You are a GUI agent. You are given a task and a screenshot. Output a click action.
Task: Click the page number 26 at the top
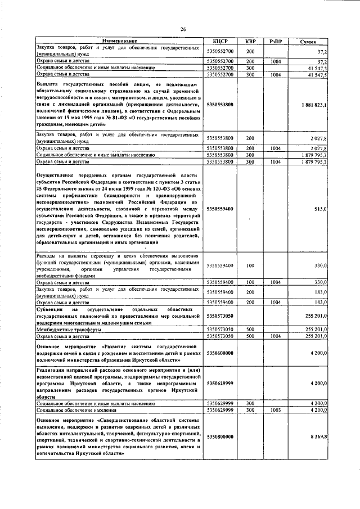183,30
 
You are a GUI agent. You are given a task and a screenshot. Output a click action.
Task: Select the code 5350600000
220,352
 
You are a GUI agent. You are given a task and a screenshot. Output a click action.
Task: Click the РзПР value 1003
276,410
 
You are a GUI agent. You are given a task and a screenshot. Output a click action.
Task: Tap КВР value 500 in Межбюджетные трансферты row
250,329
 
